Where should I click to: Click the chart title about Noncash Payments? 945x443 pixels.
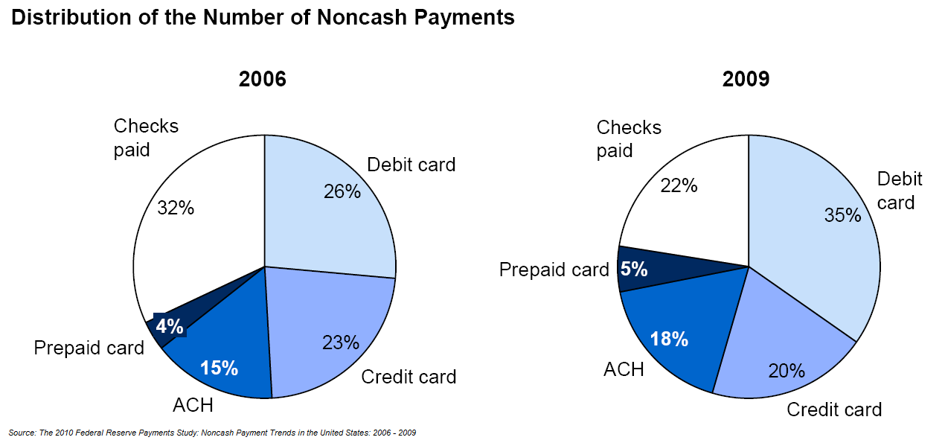click(x=263, y=18)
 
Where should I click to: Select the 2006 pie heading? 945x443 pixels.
click(x=263, y=79)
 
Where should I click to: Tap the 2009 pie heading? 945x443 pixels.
click(x=746, y=79)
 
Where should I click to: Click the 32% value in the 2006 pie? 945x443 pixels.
click(x=176, y=208)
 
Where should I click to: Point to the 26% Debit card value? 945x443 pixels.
click(x=342, y=192)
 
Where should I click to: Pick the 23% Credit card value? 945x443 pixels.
click(x=341, y=342)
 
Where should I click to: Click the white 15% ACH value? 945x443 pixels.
click(x=219, y=368)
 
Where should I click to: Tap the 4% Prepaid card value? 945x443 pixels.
click(x=170, y=326)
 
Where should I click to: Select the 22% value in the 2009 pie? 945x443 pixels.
click(x=679, y=185)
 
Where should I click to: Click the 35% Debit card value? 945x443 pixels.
click(x=843, y=215)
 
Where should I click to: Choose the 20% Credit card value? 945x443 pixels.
click(x=787, y=371)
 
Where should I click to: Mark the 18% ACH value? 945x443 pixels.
click(x=669, y=339)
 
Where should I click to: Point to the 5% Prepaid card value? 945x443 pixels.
click(x=634, y=269)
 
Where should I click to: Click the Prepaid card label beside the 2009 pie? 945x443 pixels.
click(x=554, y=270)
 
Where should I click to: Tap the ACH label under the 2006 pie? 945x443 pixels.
click(x=193, y=406)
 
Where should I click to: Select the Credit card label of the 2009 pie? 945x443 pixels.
click(x=834, y=409)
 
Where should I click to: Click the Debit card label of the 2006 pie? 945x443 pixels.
click(x=411, y=165)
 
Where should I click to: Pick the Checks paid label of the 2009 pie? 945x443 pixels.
click(x=629, y=139)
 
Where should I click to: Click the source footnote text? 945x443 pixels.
click(x=212, y=433)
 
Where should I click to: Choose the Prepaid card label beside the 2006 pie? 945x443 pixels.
click(x=89, y=348)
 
